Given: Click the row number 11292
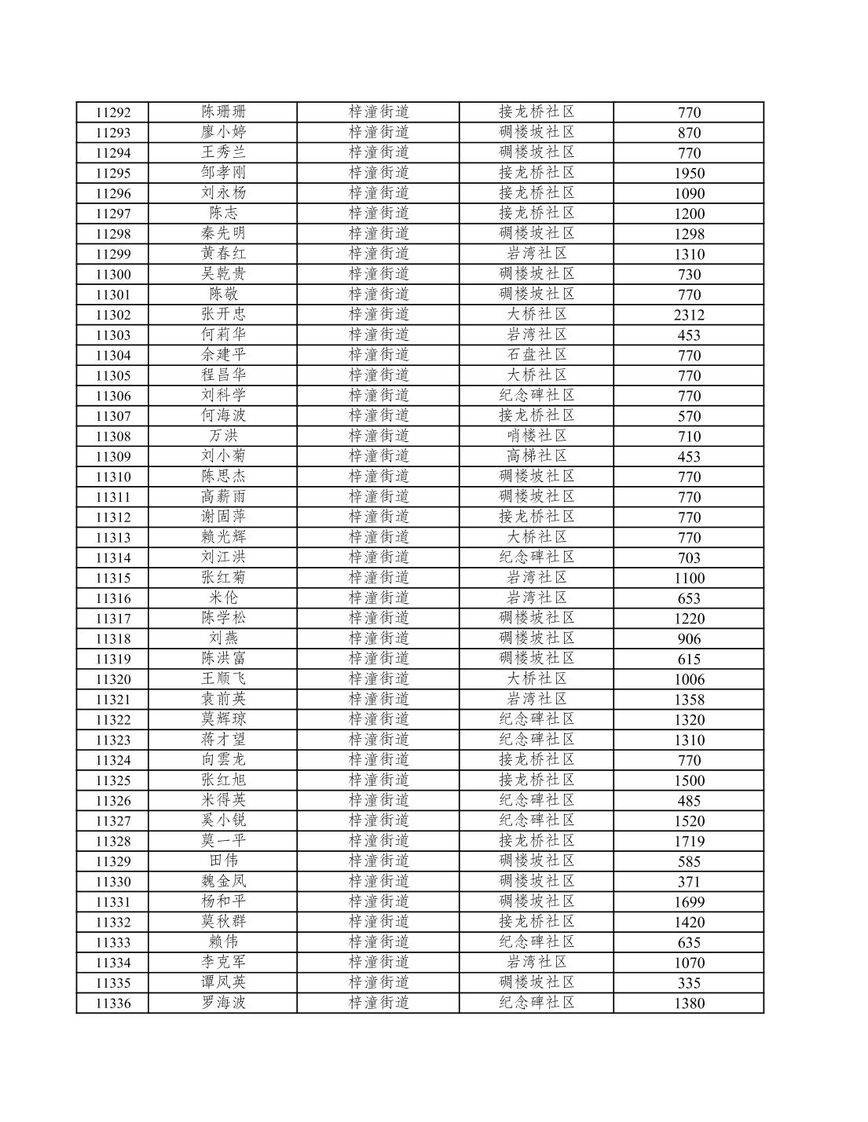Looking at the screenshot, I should (113, 112).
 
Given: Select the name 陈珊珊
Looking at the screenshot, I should (223, 111).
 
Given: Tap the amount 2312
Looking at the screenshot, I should (689, 315).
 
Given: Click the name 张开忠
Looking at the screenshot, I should (223, 314).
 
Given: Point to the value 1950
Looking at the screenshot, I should (689, 173).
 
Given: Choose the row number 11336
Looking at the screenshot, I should (113, 1003).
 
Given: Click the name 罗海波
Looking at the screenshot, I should (223, 1003).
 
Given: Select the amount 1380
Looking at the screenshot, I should (689, 1003).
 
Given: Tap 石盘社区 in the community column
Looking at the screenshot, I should (537, 355).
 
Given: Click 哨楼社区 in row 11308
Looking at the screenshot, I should (537, 436).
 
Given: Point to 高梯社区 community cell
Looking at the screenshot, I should (537, 456).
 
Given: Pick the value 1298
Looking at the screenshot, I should (689, 234).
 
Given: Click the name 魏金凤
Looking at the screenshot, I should (223, 881).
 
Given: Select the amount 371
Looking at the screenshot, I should (689, 882).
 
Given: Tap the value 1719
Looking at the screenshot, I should (689, 841).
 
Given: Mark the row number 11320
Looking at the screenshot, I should (113, 679).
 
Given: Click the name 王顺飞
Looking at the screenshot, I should (223, 678).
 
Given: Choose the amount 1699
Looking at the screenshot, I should (689, 902).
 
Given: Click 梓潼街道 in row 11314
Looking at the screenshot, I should (379, 557).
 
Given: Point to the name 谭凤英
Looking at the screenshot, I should (223, 982).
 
